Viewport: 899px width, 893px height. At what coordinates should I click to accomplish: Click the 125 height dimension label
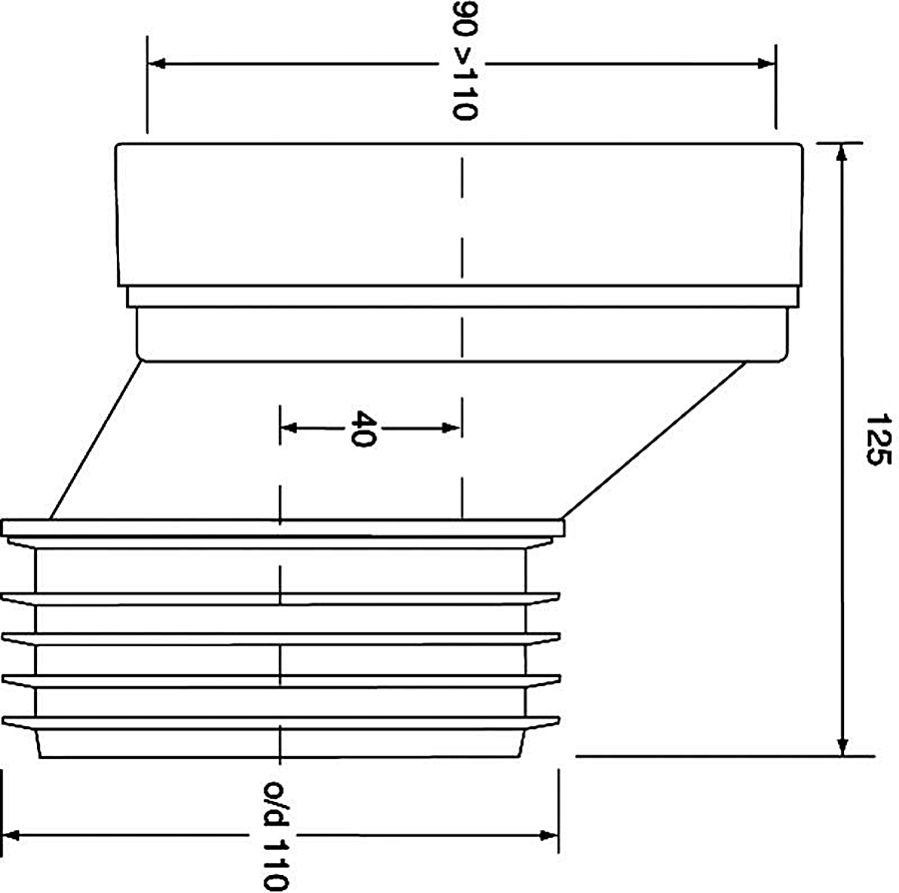[878, 440]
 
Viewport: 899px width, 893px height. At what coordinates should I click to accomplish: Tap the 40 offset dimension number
[364, 429]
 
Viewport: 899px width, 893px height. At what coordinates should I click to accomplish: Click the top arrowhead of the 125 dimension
[841, 153]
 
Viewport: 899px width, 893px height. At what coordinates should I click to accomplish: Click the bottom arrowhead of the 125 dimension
[842, 746]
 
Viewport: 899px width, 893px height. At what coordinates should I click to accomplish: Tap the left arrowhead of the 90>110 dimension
[157, 63]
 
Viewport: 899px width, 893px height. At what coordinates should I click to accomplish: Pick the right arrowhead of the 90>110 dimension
[766, 63]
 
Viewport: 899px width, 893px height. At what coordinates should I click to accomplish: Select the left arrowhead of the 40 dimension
[289, 428]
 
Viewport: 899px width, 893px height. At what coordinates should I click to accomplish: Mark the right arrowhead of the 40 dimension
[450, 428]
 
